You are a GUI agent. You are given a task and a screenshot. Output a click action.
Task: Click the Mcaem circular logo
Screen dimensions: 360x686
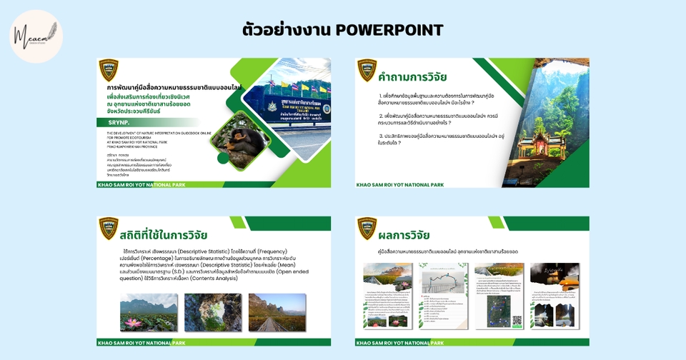point(35,36)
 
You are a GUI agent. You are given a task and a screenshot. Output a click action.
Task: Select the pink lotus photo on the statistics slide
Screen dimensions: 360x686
point(149,312)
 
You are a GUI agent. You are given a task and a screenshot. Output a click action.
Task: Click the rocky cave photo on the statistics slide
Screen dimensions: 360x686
point(212,312)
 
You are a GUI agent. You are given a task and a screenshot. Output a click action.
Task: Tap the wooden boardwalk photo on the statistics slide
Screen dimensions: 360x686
point(277,312)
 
